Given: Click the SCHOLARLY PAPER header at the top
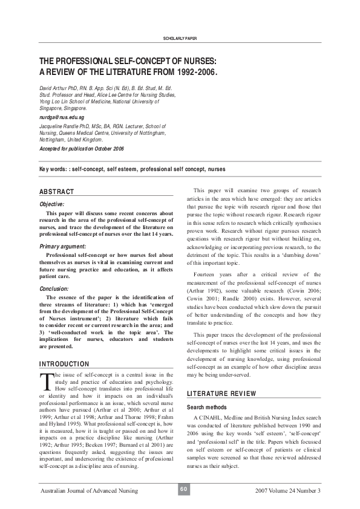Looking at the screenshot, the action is [180, 39].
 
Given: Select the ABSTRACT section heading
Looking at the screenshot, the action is [56, 192].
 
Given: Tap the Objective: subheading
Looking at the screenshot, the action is [56, 204].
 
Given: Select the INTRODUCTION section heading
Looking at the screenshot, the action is [64, 364].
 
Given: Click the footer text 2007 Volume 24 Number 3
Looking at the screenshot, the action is [288, 490].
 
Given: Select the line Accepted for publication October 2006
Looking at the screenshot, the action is [81, 148].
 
